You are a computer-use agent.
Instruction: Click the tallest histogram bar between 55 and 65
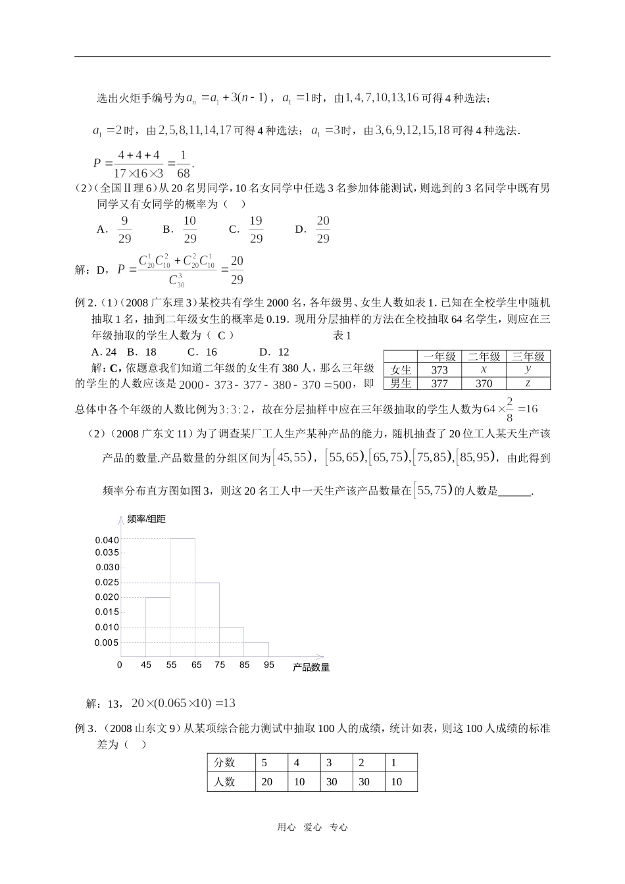pos(183,597)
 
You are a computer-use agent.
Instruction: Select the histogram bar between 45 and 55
pos(158,626)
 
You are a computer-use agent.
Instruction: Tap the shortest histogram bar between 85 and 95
pos(256,649)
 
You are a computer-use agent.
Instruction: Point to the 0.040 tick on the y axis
pos(107,540)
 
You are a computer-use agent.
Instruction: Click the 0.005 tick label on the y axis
pos(107,643)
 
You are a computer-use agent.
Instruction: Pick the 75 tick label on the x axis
pos(220,665)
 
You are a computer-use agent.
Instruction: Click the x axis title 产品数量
pos(311,667)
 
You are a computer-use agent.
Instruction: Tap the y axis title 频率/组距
pos(146,520)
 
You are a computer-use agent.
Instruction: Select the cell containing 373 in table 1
pos(439,370)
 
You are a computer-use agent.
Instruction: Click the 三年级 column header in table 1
pos(528,356)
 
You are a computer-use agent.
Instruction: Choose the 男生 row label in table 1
pos(401,383)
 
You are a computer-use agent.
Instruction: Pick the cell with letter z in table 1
pos(528,383)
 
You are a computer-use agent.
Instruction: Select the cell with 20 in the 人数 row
pos(267,782)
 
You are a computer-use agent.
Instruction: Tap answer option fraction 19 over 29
pos(256,230)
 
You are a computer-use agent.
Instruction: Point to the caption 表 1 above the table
pos(343,336)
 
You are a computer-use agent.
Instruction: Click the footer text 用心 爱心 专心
pos(312,828)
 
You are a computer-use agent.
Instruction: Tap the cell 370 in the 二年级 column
pos(484,383)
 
